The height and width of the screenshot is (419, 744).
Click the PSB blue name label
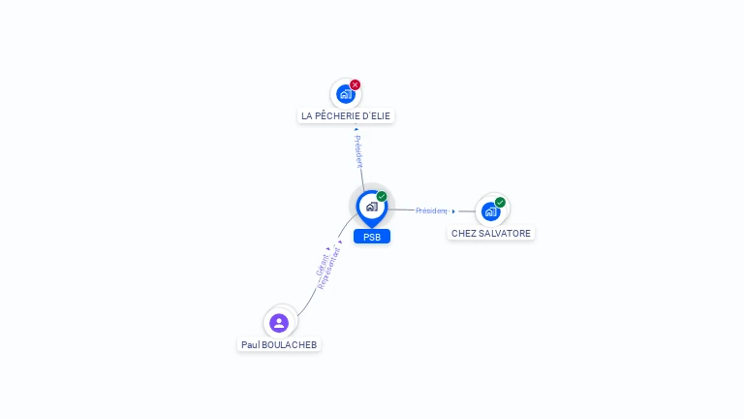pos(372,237)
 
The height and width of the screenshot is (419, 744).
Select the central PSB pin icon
pos(372,209)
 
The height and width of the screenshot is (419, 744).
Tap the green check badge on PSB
pos(382,196)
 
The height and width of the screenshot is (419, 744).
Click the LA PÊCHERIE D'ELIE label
pos(346,116)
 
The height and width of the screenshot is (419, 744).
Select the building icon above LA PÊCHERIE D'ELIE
pos(346,94)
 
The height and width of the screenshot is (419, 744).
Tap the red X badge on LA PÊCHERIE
pos(355,84)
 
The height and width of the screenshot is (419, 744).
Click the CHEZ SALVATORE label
pos(490,233)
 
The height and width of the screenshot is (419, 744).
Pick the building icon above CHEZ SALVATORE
pos(490,211)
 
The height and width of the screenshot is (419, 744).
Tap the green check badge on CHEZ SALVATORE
pos(500,203)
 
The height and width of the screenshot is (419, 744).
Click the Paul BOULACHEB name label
pos(279,345)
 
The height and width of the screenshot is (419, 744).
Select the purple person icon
pos(279,323)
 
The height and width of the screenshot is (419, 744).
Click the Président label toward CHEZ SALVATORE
pos(431,210)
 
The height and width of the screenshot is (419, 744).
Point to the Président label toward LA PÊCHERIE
pos(358,151)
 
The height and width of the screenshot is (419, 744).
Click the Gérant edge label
pos(323,265)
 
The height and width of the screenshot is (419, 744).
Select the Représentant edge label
pos(328,268)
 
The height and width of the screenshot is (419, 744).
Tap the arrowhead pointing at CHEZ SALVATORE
pos(453,211)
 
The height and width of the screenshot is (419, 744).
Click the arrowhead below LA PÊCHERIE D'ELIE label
pos(356,129)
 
